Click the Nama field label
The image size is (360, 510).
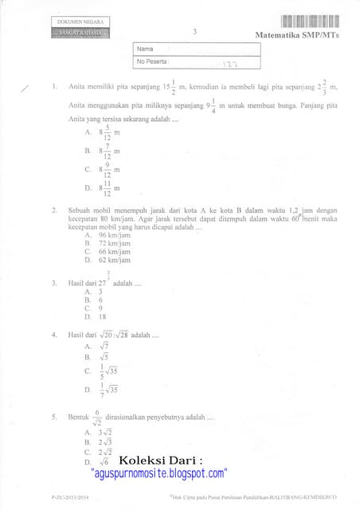tap(145, 49)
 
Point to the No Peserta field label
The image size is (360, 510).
tap(152, 61)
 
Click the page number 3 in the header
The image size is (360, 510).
tap(195, 32)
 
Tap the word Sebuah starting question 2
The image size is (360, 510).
tap(82, 210)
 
